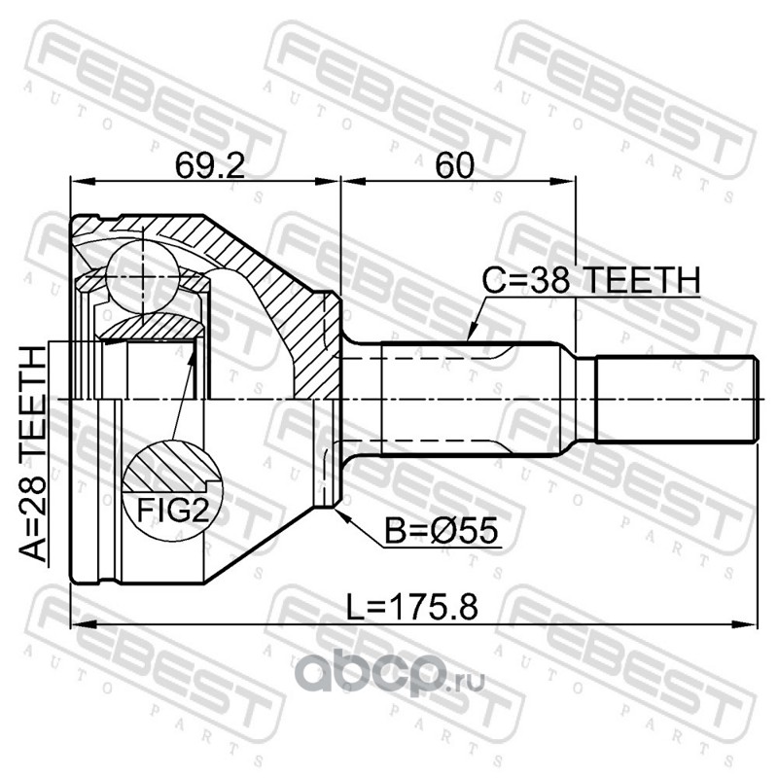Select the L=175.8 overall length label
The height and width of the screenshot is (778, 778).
coord(411,607)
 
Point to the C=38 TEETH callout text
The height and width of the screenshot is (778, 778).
coord(591,280)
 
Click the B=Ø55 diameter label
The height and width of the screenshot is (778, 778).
coord(442,530)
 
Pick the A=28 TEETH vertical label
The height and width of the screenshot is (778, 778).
coord(33,453)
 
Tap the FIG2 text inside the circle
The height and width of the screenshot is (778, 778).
coord(173,510)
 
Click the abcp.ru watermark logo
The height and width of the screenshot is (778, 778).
coord(389,672)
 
